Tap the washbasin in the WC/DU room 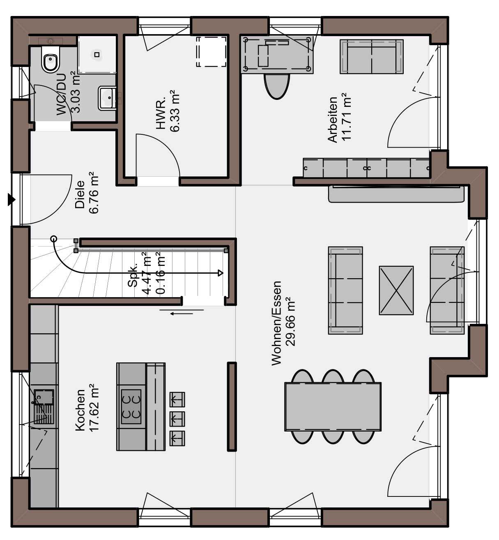click(107, 98)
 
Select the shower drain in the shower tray click(97, 54)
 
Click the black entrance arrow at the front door click(11, 200)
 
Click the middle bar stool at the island click(177, 418)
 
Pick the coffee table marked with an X click(396, 291)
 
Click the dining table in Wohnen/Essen click(333, 406)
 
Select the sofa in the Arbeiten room click(371, 57)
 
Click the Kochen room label click(80, 411)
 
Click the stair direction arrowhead click(221, 273)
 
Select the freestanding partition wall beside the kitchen click(232, 406)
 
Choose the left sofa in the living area click(345, 291)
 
